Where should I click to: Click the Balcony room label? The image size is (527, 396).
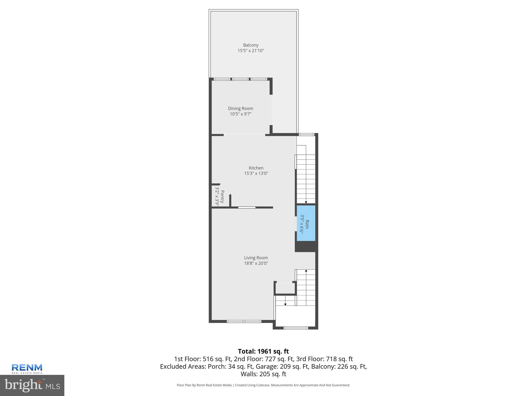point(251,45)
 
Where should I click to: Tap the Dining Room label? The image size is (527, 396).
point(240,109)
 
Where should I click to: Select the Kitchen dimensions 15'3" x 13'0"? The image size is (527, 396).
point(256,174)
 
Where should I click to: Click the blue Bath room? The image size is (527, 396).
point(306,223)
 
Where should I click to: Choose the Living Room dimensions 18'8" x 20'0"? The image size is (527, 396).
point(256,263)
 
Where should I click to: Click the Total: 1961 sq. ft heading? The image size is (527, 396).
point(263,351)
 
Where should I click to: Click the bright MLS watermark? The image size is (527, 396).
point(32,385)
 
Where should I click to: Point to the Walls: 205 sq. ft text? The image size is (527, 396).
point(263,374)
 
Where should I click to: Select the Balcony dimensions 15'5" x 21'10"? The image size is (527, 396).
point(251,51)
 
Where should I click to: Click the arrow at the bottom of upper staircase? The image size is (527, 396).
point(306,202)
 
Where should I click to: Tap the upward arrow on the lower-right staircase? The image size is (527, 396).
point(306,271)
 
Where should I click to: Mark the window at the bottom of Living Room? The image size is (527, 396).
point(244,321)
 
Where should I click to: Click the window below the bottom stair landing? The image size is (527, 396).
point(296,328)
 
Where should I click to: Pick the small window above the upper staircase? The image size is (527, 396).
point(306,134)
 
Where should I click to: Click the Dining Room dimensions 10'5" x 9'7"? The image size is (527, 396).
point(240,114)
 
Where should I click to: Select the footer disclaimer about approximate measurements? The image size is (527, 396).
point(263,385)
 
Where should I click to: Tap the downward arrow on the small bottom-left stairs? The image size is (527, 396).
point(285,304)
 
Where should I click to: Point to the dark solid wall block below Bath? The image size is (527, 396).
point(306,246)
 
